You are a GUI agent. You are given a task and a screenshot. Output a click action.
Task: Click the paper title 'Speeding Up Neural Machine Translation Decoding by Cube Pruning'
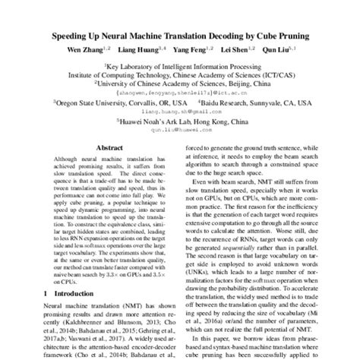[179, 35]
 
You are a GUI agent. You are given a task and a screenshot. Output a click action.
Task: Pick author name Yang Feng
[194, 50]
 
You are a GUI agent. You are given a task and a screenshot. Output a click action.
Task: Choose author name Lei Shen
[236, 50]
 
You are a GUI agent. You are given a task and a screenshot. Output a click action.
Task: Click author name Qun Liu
[277, 50]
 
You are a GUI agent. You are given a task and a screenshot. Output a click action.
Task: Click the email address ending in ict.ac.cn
[179, 93]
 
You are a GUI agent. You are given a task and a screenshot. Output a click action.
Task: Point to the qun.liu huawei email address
[179, 129]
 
